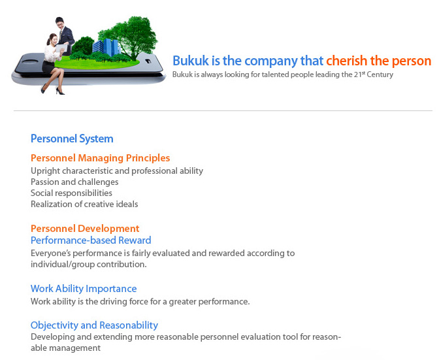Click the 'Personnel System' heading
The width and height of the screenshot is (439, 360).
[72, 139]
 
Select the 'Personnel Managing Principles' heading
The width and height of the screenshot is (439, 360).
[100, 158]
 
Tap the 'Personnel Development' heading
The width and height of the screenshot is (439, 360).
[85, 229]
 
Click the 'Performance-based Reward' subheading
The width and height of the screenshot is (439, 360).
[91, 240]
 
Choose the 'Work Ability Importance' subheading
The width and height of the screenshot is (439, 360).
[84, 289]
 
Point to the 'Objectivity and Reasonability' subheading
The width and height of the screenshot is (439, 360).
[94, 325]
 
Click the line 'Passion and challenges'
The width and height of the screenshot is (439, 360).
[74, 182]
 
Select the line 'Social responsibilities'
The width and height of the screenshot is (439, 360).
[71, 193]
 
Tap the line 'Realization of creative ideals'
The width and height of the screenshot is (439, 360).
[84, 204]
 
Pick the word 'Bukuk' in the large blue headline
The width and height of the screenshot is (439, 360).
[191, 61]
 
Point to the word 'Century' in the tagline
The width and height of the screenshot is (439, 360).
[380, 74]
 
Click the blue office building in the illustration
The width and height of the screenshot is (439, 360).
[106, 47]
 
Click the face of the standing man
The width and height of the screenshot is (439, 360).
[60, 24]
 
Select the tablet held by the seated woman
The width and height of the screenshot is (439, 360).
[61, 48]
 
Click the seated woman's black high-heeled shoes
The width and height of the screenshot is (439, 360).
[53, 91]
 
